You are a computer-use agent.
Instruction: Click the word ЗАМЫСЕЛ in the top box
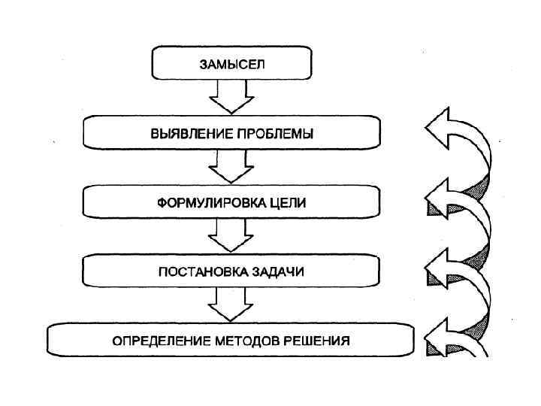[231, 63]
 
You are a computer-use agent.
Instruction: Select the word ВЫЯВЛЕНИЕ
[186, 133]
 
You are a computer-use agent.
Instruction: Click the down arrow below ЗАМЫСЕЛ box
[231, 96]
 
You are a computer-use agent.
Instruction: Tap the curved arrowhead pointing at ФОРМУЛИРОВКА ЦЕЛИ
[439, 198]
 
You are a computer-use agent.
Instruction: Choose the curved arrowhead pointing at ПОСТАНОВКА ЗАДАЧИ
[439, 268]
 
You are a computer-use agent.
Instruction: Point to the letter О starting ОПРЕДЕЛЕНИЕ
[116, 340]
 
